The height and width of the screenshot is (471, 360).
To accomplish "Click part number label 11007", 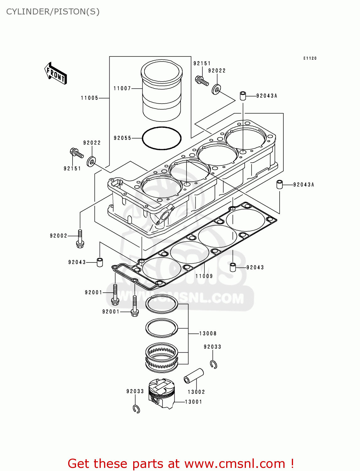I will point(122,89).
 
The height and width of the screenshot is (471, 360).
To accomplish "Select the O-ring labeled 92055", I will point(161,138).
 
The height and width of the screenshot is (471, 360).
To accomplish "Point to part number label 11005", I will point(90,98).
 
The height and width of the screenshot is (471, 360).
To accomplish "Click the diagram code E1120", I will point(310,58).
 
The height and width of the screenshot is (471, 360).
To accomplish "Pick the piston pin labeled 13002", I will point(194,376).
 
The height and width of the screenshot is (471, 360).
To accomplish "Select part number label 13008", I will point(208,333).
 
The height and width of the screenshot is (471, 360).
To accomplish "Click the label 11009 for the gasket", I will point(204,276).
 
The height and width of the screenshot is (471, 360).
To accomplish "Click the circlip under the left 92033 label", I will point(136,409).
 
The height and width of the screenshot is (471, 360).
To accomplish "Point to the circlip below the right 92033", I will point(214,364).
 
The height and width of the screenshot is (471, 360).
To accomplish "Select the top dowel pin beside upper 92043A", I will point(243,96).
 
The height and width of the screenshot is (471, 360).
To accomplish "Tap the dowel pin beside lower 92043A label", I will point(280,184).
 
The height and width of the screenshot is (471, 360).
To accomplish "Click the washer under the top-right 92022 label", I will point(216,89).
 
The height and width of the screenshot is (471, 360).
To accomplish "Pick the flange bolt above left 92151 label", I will point(76,153).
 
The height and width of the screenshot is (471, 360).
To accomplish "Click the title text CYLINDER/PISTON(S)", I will point(53,12).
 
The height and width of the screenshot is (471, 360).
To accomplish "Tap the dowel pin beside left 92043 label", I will point(100,262).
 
